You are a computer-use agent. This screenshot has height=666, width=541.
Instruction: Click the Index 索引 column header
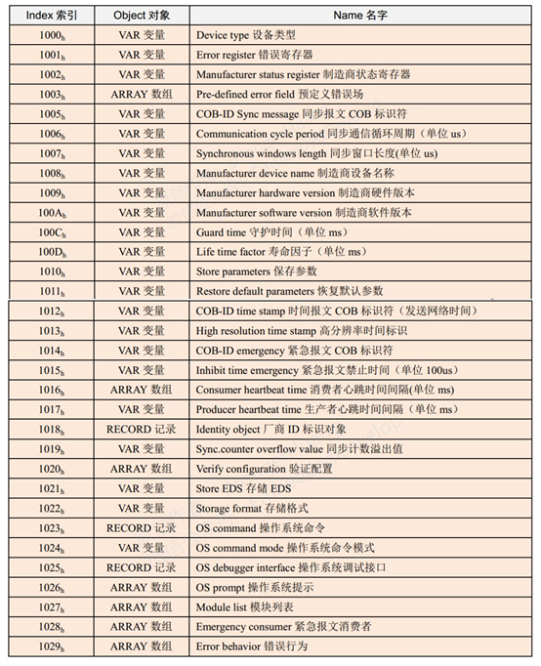(52, 15)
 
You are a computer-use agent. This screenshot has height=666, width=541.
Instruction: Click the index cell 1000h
(52, 35)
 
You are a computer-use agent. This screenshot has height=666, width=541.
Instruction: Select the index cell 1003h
(52, 94)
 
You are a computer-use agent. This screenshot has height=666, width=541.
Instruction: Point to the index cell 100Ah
(52, 212)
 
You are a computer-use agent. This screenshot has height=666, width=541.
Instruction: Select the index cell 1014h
(52, 351)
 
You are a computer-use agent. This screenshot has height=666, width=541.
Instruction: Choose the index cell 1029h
(52, 646)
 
